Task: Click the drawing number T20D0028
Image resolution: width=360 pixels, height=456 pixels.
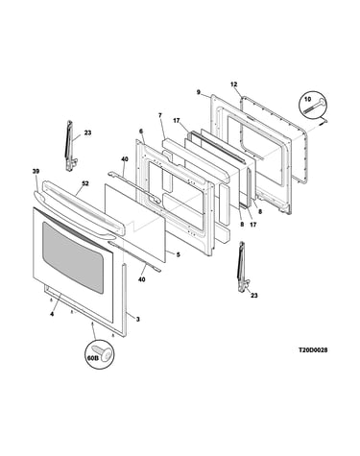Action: point(313,350)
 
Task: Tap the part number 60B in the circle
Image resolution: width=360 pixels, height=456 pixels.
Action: point(92,358)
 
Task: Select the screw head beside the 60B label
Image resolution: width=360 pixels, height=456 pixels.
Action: point(105,352)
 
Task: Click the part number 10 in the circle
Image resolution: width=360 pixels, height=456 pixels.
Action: point(307,99)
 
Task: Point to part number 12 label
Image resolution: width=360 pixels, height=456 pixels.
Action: point(234,84)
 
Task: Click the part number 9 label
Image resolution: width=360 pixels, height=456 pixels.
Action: point(199,92)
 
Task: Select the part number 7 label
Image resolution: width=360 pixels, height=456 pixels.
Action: point(160,115)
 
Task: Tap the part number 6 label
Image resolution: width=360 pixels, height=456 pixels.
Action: point(141,131)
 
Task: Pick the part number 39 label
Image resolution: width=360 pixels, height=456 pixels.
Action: point(36,171)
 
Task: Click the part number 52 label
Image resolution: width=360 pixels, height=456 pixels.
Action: point(85,183)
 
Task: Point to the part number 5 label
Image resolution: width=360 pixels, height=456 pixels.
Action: point(179,254)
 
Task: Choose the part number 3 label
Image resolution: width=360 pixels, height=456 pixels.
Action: point(138,319)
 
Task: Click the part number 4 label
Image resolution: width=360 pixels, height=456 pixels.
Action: point(52,314)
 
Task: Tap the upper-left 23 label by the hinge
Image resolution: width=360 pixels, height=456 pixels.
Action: point(87,132)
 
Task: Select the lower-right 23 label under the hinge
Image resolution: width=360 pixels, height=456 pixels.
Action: point(254,296)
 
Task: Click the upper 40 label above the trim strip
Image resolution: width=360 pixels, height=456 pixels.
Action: point(125,158)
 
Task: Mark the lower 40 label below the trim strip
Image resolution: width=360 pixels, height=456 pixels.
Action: point(141,279)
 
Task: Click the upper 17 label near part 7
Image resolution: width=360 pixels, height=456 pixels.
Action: point(177,121)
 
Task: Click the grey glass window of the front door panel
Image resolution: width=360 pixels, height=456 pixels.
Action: point(73,257)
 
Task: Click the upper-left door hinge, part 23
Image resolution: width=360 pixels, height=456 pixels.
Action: point(70,146)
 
